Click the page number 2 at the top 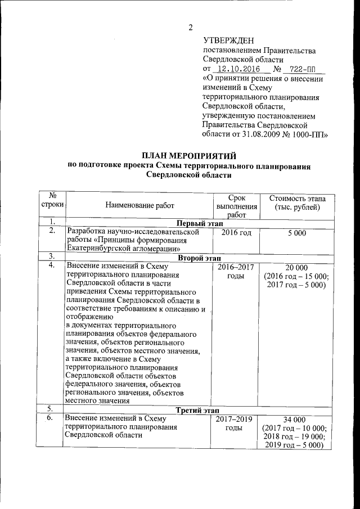[x=191, y=27]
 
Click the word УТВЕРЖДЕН [x=228, y=40]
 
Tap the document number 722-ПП [x=302, y=69]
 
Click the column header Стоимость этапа [x=297, y=199]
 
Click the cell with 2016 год [x=236, y=232]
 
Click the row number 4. [x=51, y=266]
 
